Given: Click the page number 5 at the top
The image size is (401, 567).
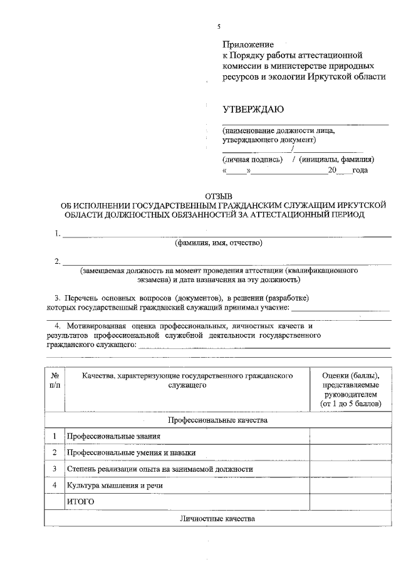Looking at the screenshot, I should [x=219, y=27].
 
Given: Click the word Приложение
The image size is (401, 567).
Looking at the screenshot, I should [x=249, y=44].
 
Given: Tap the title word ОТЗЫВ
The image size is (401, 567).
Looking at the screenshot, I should [x=219, y=197].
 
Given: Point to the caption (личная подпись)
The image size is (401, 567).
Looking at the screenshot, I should [x=249, y=159].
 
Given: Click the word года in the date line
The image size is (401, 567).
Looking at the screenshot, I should [x=360, y=170].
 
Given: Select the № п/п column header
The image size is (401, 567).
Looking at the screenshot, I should [x=55, y=380].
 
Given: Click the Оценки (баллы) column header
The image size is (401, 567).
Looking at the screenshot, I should [x=350, y=390].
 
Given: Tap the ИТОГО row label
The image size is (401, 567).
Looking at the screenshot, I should [x=80, y=501].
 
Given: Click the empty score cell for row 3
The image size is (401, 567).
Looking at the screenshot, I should [x=350, y=469].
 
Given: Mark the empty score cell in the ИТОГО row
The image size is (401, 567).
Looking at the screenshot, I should [x=350, y=501].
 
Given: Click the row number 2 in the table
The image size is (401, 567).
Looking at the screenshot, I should [x=55, y=452].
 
